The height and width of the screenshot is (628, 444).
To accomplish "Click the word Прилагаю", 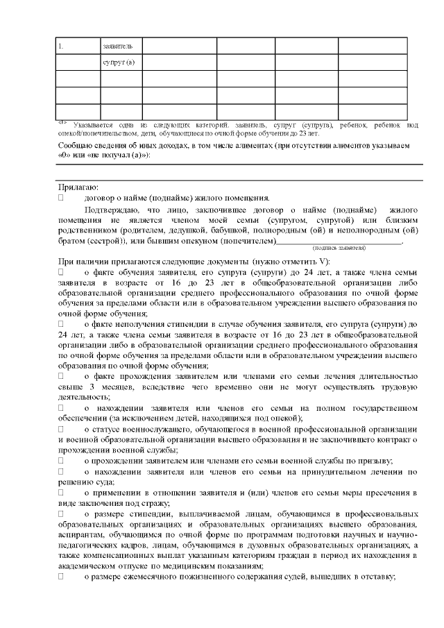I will (x=78, y=187).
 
